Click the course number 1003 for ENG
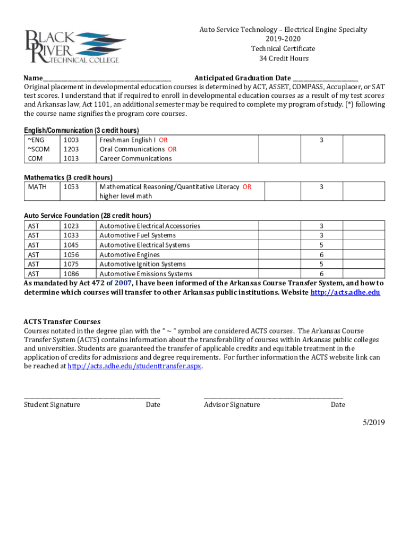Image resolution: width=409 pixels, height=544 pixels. click(71, 140)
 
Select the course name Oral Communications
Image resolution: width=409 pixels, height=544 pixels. click(132, 149)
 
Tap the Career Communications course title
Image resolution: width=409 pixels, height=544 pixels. click(135, 158)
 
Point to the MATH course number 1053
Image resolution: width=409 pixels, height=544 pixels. click(71, 187)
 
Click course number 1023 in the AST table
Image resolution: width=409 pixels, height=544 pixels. click(71, 226)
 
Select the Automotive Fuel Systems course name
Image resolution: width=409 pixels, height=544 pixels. click(138, 235)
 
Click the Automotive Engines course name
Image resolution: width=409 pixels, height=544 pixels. click(130, 254)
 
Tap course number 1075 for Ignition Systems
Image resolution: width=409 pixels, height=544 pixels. click(71, 264)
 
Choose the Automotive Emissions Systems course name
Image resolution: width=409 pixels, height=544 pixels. click(146, 274)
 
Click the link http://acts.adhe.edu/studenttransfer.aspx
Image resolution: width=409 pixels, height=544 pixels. click(135, 367)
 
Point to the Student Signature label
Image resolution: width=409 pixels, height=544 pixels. click(52, 405)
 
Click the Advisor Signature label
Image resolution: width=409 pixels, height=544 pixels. click(232, 405)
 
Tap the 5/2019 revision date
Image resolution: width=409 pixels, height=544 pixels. click(373, 422)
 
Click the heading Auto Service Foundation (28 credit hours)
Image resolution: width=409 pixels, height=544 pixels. click(88, 216)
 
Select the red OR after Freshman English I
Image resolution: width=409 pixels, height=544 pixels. click(163, 140)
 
